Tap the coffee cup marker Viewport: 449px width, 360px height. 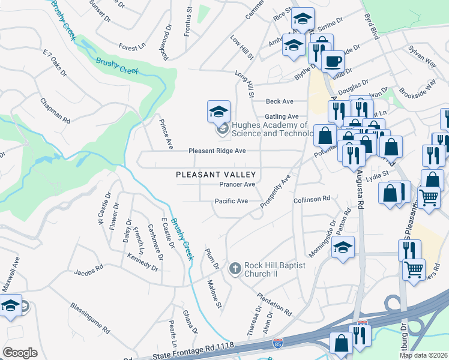pyautogui.click(x=333, y=61)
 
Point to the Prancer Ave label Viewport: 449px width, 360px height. pyautogui.click(x=238, y=184)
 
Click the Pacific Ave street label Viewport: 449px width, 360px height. pyautogui.click(x=231, y=201)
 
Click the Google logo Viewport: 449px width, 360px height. pyautogui.click(x=20, y=352)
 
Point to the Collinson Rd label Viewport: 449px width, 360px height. pyautogui.click(x=312, y=199)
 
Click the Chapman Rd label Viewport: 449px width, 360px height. pyautogui.click(x=55, y=111)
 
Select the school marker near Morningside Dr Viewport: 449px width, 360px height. pyautogui.click(x=343, y=247)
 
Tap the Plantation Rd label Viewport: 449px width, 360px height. pyautogui.click(x=274, y=305)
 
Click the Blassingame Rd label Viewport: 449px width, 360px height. pyautogui.click(x=89, y=317)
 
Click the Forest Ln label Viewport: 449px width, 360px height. pyautogui.click(x=132, y=46)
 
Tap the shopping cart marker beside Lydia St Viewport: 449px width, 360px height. pyautogui.click(x=429, y=197)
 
